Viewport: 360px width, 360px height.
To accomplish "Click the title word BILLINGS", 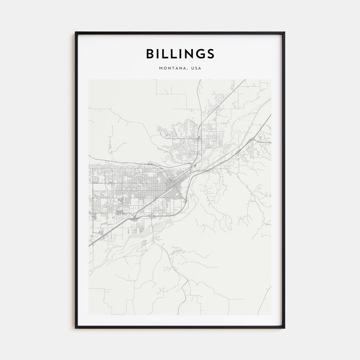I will pyautogui.click(x=180, y=54).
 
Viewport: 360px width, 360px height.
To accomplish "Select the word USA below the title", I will pyautogui.click(x=196, y=68).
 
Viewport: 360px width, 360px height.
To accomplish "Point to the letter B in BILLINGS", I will pyautogui.click(x=149, y=54).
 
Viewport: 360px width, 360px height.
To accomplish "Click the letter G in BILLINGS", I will pyautogui.click(x=200, y=54).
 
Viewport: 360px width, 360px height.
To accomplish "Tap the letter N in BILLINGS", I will pyautogui.click(x=188, y=54).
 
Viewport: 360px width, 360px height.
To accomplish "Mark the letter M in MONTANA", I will pyautogui.click(x=160, y=68).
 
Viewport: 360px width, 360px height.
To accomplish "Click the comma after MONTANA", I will pyautogui.click(x=188, y=69).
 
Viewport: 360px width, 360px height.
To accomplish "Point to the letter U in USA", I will pyautogui.click(x=192, y=68).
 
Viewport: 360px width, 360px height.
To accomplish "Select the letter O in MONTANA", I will pyautogui.click(x=165, y=68).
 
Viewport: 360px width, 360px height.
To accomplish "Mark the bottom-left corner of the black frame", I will pyautogui.click(x=76, y=328).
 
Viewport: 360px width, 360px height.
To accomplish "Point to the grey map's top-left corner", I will pyautogui.click(x=89, y=80).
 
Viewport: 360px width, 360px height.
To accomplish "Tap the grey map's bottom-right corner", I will pyautogui.click(x=271, y=315).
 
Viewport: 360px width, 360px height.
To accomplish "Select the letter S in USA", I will pyautogui.click(x=196, y=68).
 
